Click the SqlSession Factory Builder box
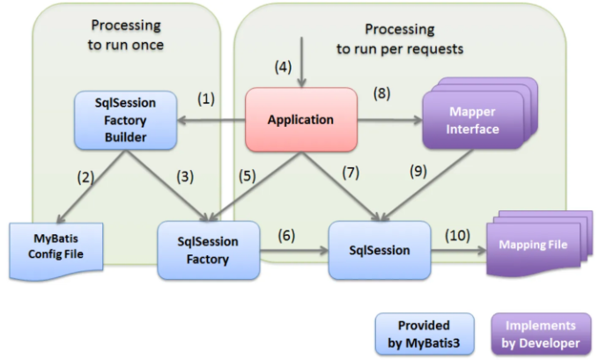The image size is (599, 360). pos(126,120)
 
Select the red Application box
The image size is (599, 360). pos(301,120)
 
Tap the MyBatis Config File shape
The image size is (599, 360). pos(56,251)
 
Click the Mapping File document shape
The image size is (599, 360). pos(539,245)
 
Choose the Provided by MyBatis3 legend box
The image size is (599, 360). pos(425,334)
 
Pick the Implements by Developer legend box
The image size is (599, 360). pos(541,334)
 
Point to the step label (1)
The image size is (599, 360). pos(206,99)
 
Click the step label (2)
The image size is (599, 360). pos(85,177)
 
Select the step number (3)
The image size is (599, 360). pos(185,176)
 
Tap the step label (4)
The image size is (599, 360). pos(283,67)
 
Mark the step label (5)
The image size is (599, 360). pos(248,176)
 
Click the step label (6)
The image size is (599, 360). pos(286,235)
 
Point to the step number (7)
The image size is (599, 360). pos(351,173)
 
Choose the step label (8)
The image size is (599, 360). pos(381,93)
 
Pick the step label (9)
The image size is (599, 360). pos(418,171)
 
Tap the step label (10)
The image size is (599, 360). pos(457,235)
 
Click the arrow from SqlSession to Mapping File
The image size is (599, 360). pos(458,251)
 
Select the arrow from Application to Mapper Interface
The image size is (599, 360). pos(390,121)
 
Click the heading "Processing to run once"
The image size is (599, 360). pos(126,34)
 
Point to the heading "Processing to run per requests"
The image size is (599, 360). pos(400,39)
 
